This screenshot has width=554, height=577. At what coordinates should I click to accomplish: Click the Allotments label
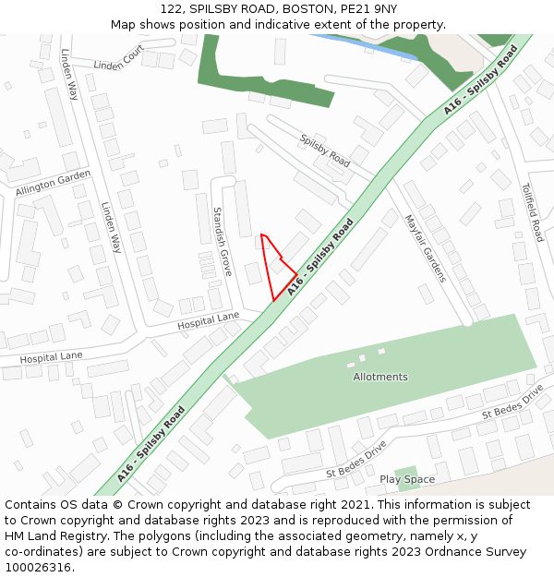[x=379, y=377]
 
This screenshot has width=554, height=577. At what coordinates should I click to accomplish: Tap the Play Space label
[x=406, y=479]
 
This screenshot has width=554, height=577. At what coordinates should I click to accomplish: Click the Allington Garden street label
[x=53, y=183]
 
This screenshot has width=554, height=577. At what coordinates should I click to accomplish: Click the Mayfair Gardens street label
[x=425, y=248]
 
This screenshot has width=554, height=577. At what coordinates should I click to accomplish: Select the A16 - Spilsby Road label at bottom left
[x=151, y=444]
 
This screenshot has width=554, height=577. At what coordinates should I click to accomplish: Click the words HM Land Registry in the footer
[x=53, y=535]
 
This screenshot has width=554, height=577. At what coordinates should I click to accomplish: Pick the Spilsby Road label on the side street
[x=325, y=150]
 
